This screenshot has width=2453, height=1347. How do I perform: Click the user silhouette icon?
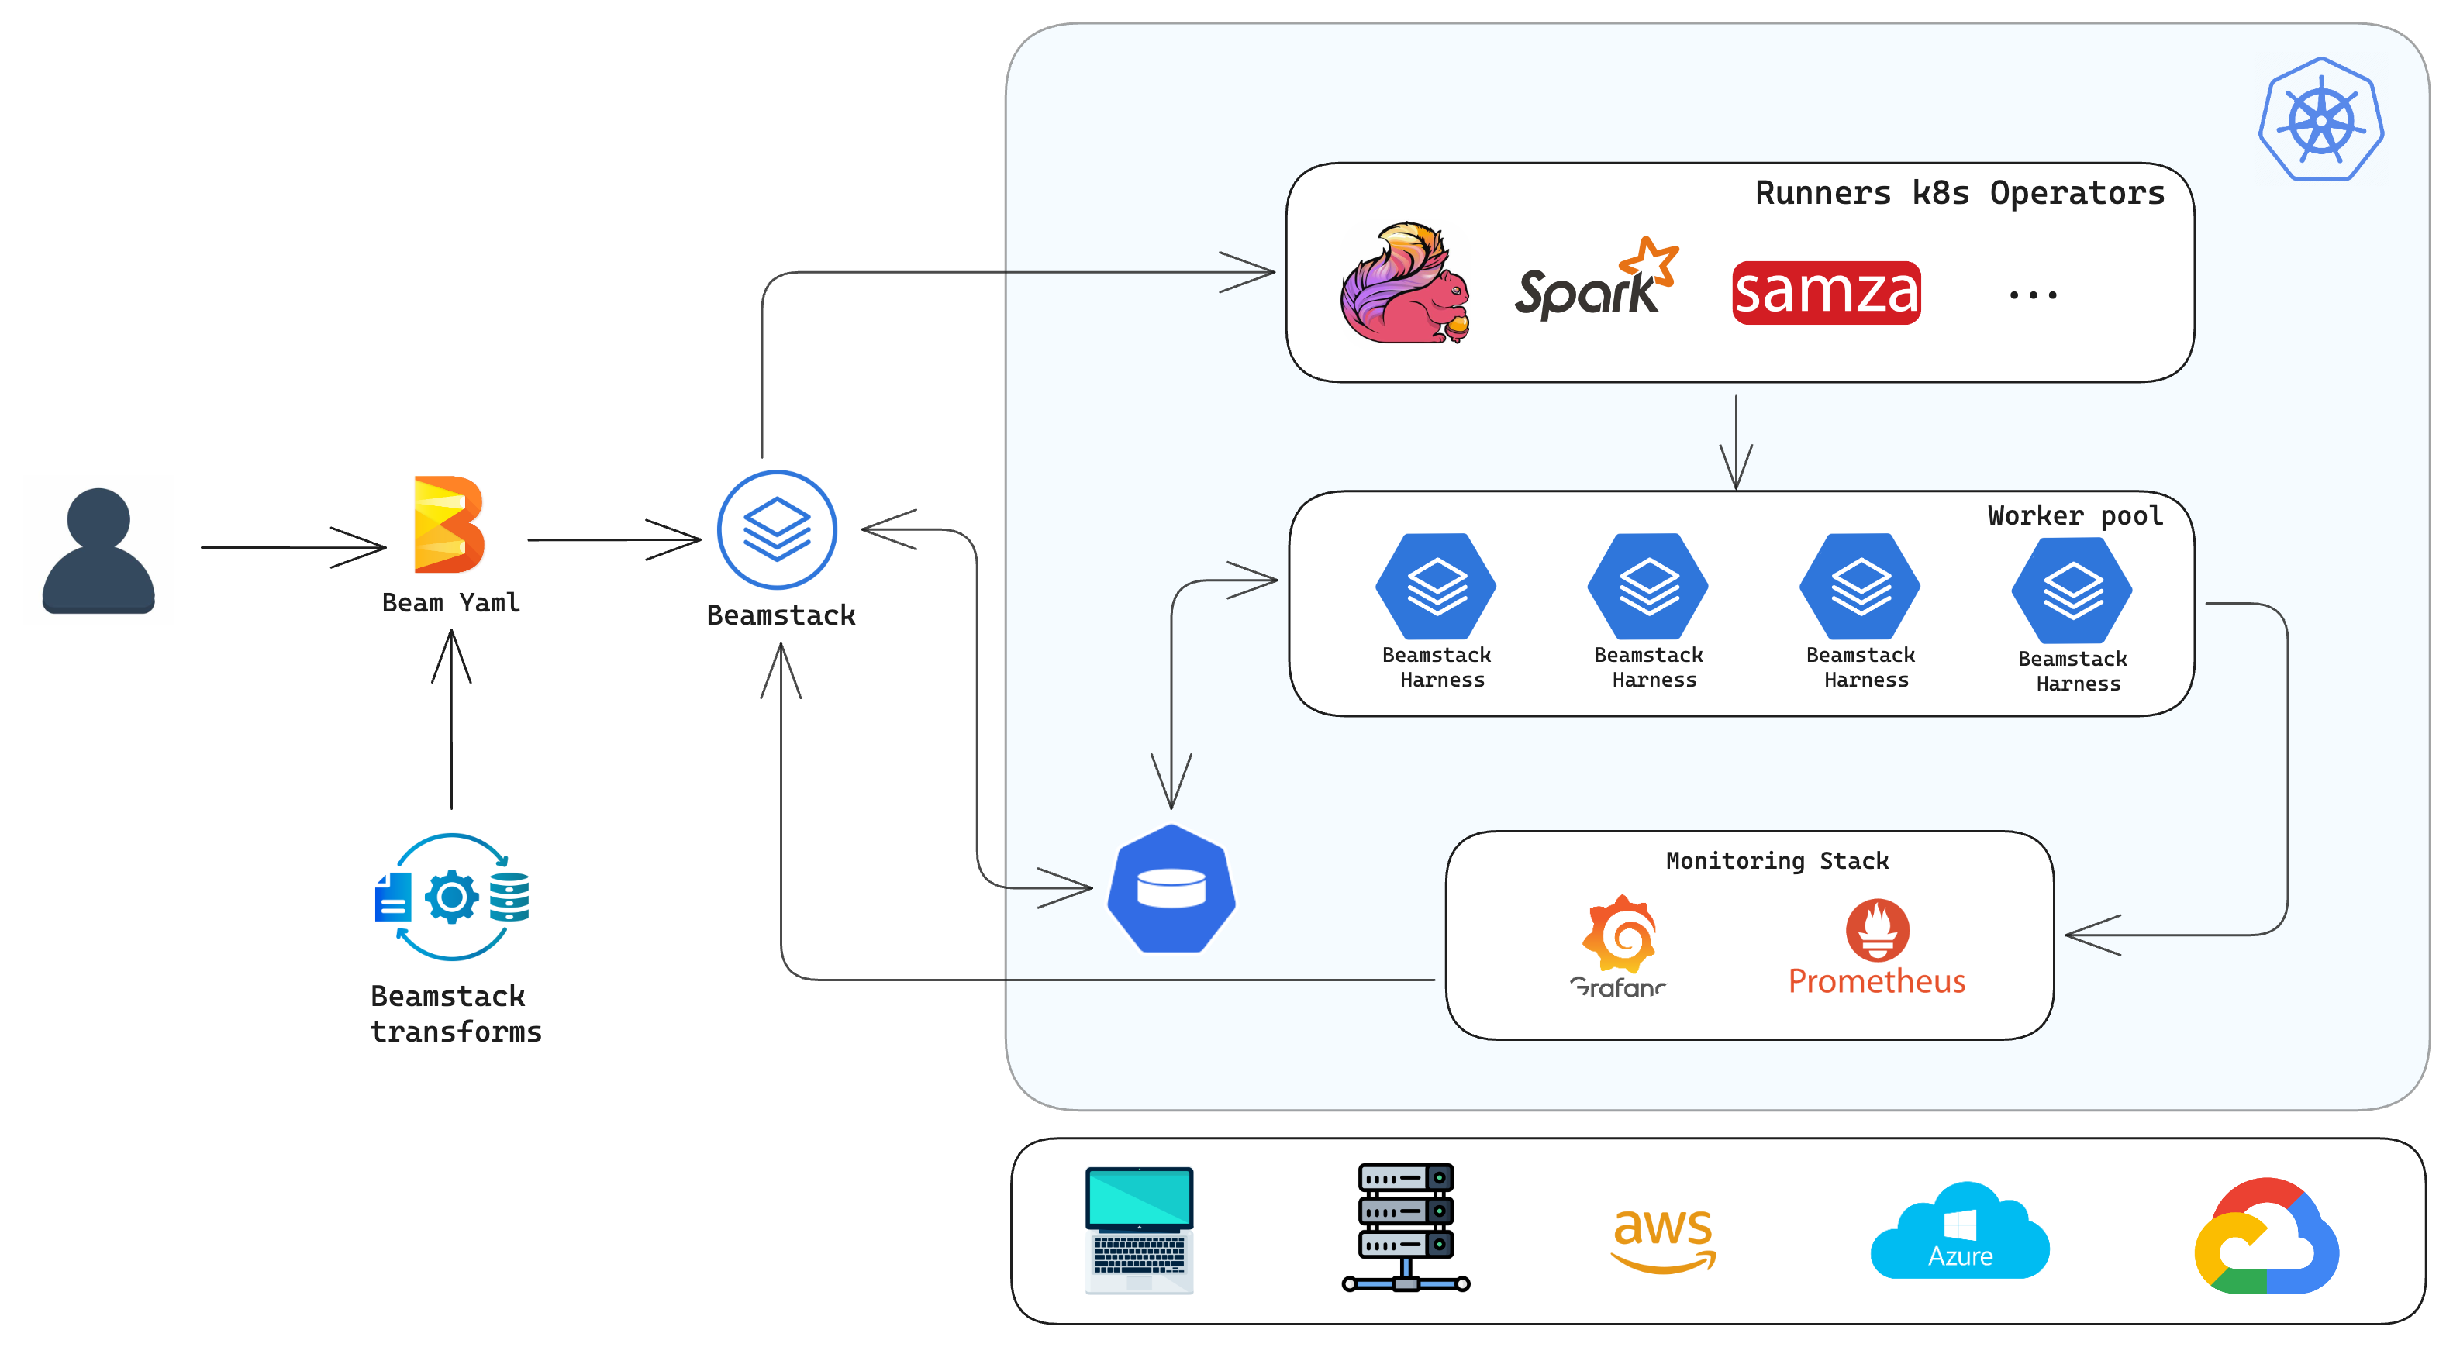[98, 550]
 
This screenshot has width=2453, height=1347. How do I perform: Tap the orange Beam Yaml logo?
[449, 525]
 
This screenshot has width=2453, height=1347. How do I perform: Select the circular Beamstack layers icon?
[777, 529]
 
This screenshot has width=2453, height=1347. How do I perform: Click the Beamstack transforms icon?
[452, 897]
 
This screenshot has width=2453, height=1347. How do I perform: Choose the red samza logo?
[1826, 292]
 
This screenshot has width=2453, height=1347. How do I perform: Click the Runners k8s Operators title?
[1959, 193]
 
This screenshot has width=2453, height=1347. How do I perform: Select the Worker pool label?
[2074, 516]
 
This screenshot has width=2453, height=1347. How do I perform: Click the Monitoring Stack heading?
[1777, 860]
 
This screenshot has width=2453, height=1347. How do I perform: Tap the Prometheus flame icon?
[1877, 928]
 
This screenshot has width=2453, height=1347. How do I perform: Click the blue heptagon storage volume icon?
[1171, 889]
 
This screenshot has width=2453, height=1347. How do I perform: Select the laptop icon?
[1139, 1229]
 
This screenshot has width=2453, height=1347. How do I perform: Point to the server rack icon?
[1406, 1227]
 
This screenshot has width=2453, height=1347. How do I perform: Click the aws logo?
[1663, 1238]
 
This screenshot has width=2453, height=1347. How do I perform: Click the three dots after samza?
[2032, 295]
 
